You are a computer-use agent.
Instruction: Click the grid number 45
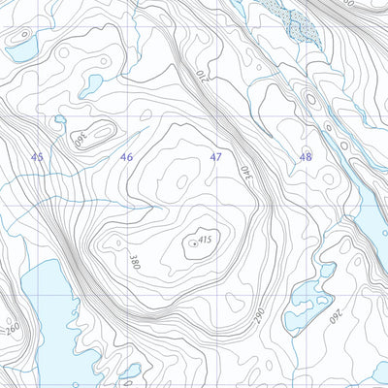point(37,156)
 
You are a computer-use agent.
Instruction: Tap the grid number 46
point(126,156)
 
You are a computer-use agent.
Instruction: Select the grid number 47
point(216,156)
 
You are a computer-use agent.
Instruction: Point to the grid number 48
point(306,155)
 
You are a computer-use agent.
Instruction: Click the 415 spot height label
point(204,239)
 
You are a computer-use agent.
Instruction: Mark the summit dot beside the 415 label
point(193,244)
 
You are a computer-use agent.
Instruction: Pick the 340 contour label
point(242,172)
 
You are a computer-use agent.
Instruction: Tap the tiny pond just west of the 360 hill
point(59,119)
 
